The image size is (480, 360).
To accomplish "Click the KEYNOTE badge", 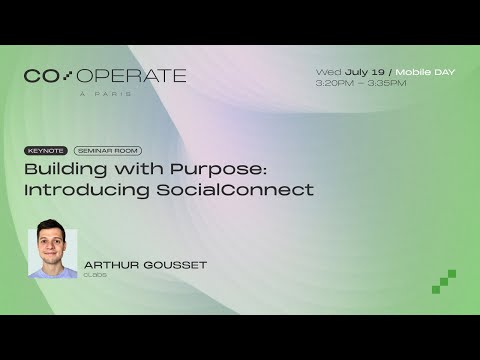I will point(47,151).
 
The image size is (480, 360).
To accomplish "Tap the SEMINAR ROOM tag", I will point(108,151).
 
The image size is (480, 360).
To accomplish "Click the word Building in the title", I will point(60,169).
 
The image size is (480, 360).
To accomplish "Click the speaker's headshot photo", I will point(53,253).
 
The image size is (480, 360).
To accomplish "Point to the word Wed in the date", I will point(328,72).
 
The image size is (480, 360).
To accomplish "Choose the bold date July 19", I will point(366,72).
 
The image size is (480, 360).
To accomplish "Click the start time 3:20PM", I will point(334,83).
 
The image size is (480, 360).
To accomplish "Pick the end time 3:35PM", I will point(387,83).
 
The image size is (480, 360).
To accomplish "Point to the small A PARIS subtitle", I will point(105,94).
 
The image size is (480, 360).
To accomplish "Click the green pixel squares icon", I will point(444,282).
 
